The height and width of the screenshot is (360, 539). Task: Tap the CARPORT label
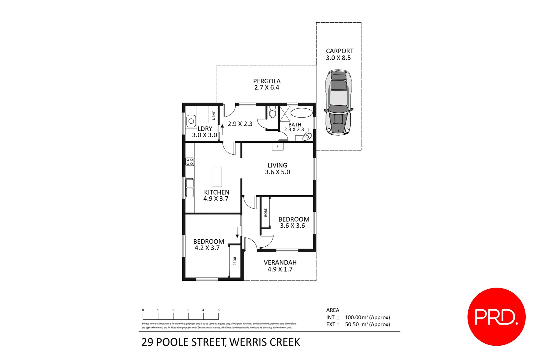click(x=339, y=51)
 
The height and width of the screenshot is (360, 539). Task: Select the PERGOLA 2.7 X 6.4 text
click(x=267, y=84)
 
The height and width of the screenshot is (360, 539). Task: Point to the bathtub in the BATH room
click(x=301, y=113)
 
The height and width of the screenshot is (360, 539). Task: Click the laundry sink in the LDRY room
click(x=191, y=121)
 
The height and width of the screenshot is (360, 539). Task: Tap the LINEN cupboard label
click(x=214, y=115)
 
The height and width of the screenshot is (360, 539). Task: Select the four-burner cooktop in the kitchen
click(x=190, y=162)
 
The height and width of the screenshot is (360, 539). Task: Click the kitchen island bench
click(x=217, y=177)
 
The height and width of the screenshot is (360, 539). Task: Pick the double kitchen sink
click(x=190, y=188)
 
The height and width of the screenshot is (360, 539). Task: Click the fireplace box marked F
click(x=277, y=146)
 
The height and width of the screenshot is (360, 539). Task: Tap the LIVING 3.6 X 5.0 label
click(x=277, y=169)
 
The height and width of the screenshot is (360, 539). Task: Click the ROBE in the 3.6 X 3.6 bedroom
click(x=266, y=212)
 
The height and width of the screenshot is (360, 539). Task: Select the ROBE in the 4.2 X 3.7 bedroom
click(x=235, y=261)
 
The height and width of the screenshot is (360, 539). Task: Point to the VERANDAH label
click(x=280, y=263)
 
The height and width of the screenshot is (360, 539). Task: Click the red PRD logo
click(x=496, y=317)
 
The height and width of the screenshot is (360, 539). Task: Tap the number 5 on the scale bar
click(x=219, y=310)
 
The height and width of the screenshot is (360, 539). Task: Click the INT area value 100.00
click(x=353, y=317)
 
